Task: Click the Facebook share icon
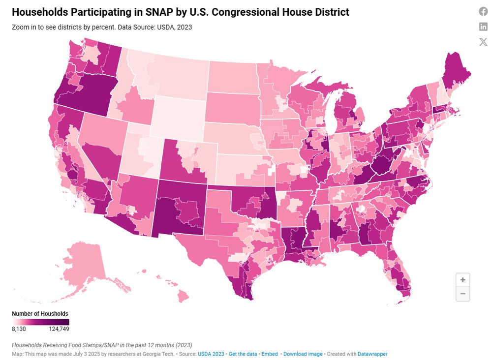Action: pos(483,12)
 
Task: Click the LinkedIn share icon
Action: pos(483,27)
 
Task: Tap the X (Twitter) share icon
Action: pos(483,41)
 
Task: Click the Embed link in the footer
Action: pos(269,354)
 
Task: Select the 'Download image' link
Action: pos(303,354)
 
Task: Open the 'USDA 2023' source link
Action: pos(211,354)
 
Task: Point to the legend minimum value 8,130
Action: pos(19,329)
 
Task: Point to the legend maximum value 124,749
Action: pos(59,329)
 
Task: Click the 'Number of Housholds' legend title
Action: pos(40,313)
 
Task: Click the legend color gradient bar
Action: pos(40,322)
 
